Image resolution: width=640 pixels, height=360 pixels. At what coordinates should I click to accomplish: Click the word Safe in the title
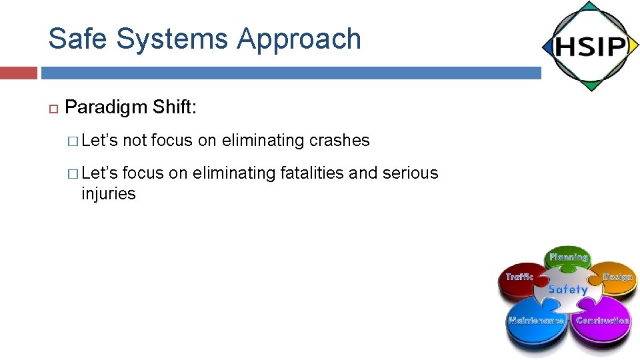tap(79, 39)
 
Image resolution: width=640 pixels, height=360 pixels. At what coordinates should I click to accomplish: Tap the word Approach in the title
tap(299, 39)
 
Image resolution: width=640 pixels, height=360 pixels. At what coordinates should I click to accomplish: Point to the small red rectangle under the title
tap(19, 73)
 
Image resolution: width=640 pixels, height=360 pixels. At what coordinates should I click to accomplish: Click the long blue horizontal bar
tap(291, 73)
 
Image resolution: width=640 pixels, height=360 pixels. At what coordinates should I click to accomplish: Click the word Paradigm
tap(106, 107)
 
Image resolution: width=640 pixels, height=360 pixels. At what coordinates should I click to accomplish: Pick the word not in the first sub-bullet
tap(135, 141)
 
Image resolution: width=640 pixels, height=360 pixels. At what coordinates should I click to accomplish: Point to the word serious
tap(410, 173)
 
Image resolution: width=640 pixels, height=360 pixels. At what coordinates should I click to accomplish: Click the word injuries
tap(108, 194)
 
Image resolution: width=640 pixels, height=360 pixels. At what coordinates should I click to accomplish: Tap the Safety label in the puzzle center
tap(568, 289)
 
